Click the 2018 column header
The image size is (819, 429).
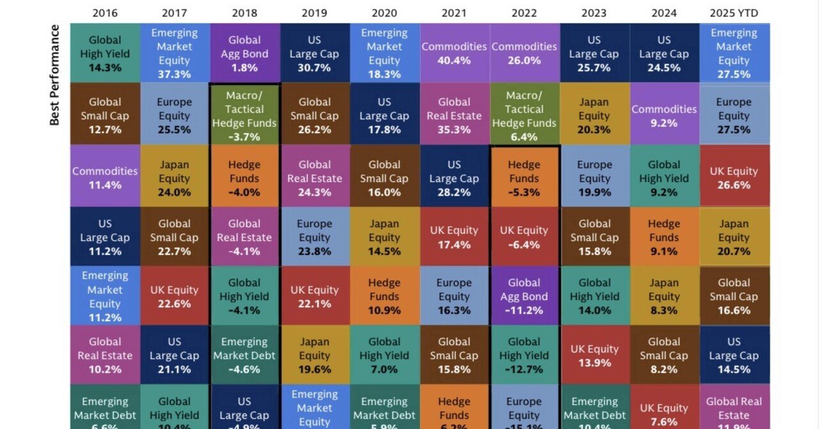click(244, 12)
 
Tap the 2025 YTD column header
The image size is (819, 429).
click(734, 12)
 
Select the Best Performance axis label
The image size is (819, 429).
click(55, 74)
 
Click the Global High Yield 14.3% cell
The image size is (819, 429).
click(105, 54)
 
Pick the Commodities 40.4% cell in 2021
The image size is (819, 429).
click(454, 54)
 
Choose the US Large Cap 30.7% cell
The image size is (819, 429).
click(314, 54)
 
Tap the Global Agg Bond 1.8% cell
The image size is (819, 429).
click(244, 54)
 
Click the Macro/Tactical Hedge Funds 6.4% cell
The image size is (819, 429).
click(524, 116)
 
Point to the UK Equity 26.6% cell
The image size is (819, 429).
click(734, 179)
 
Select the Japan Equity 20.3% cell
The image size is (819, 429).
click(594, 116)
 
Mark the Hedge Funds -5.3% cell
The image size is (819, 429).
click(524, 179)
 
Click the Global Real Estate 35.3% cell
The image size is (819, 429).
click(454, 116)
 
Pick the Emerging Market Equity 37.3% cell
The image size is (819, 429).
click(175, 54)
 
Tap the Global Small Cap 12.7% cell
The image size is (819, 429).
click(105, 116)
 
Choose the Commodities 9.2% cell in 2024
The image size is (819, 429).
click(664, 116)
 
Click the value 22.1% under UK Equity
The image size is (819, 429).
click(314, 304)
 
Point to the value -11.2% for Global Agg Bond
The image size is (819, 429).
click(524, 311)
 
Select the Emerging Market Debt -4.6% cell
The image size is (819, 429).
click(244, 355)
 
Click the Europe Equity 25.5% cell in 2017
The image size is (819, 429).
click(175, 116)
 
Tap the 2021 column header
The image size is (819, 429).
click(454, 12)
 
